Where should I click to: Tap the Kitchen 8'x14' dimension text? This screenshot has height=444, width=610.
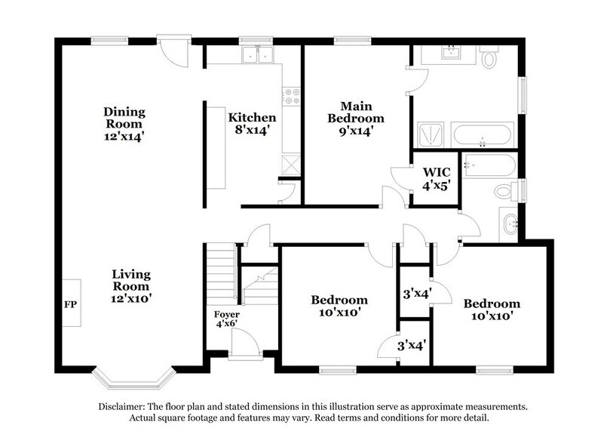point(252,131)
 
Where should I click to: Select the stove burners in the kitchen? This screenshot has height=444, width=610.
point(292,96)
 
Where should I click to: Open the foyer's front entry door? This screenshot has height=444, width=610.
point(245,346)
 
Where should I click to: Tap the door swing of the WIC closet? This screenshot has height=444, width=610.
point(400,179)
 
